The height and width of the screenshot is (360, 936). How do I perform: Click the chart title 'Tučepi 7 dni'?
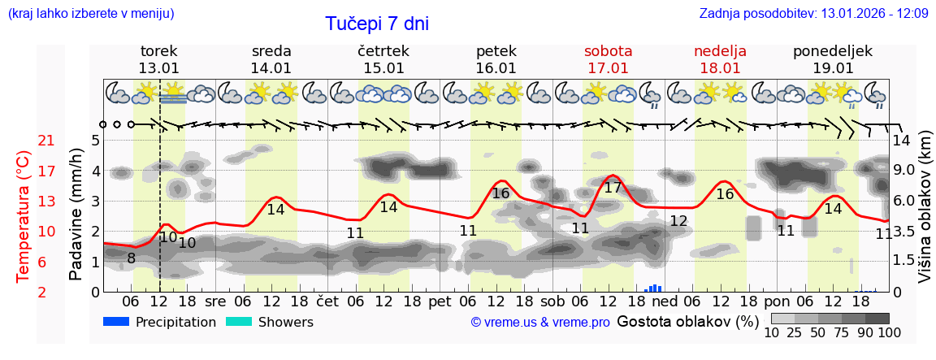[377, 24]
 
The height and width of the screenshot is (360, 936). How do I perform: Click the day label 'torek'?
[158, 51]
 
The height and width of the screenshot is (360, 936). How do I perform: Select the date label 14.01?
[271, 69]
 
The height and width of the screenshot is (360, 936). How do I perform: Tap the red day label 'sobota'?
[608, 51]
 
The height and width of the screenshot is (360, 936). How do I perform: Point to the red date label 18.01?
[720, 69]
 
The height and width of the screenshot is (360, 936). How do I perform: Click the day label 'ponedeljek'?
[832, 51]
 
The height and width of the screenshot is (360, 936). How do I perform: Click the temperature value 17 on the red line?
[613, 188]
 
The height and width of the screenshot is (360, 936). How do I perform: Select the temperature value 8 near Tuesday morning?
[131, 259]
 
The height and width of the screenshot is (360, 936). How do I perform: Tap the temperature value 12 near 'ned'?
[678, 221]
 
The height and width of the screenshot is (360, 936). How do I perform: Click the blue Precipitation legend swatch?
[117, 322]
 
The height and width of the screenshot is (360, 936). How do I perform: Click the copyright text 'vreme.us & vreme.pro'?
[539, 322]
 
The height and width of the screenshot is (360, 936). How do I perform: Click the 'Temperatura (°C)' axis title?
[24, 216]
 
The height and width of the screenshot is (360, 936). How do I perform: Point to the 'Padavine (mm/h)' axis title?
[76, 214]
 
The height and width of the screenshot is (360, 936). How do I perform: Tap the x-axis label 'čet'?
[327, 300]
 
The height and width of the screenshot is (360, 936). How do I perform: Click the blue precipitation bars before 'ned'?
[654, 288]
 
